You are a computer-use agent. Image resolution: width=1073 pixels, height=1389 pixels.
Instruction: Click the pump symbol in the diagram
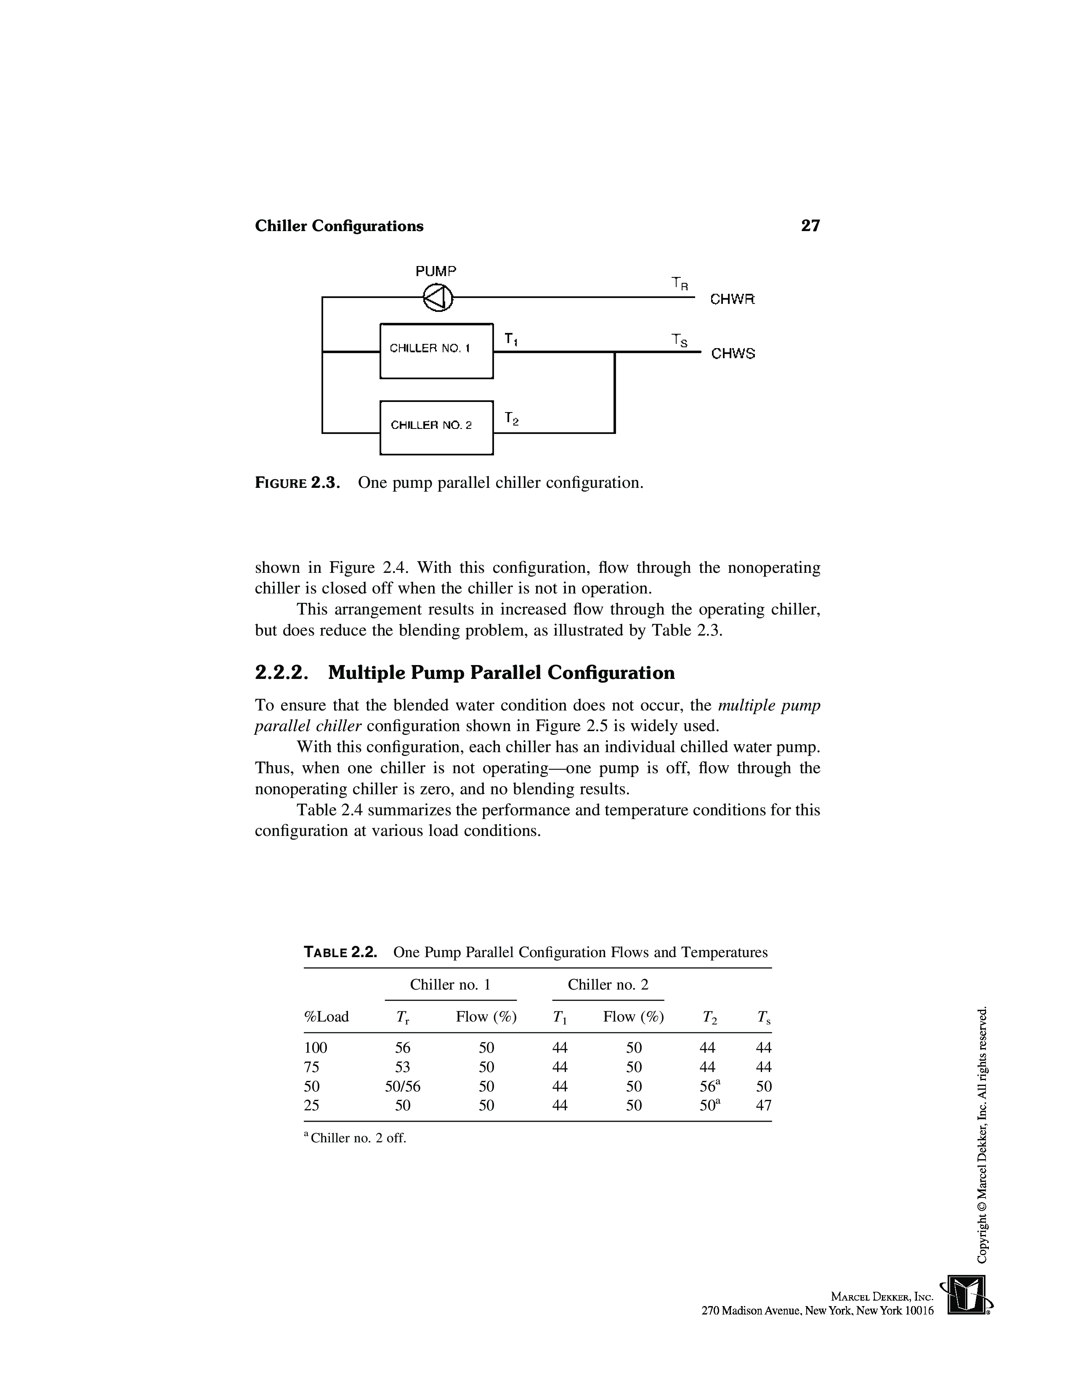[x=438, y=297]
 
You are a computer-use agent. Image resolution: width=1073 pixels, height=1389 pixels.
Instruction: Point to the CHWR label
[x=732, y=299]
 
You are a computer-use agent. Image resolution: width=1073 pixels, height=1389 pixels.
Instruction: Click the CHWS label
[x=733, y=354]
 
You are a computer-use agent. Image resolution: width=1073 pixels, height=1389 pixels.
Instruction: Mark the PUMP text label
[x=436, y=271]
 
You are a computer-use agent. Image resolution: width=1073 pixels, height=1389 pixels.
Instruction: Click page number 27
[x=810, y=226]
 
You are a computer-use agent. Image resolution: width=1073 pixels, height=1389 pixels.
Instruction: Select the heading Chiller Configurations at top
[x=339, y=226]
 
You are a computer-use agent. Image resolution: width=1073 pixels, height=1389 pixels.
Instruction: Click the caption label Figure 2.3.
[x=297, y=483]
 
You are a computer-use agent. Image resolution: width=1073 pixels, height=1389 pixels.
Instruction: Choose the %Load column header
[x=327, y=1016]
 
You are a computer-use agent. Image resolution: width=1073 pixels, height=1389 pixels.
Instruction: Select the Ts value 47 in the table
[x=763, y=1105]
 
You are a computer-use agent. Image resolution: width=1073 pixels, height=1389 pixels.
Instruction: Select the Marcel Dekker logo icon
[x=967, y=1294]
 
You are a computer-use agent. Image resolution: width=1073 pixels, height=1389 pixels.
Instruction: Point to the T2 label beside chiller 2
[x=511, y=418]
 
